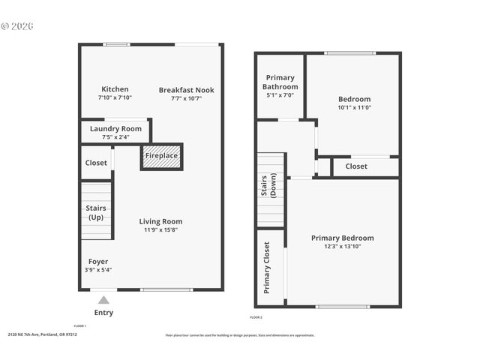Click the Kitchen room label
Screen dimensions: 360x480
[x=115, y=89]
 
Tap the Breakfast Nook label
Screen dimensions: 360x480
[x=186, y=90]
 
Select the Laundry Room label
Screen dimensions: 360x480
[x=115, y=129]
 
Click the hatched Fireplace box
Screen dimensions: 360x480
[x=161, y=156]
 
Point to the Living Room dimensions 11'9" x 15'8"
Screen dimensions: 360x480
[x=160, y=230]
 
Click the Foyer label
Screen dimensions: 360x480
[x=97, y=262]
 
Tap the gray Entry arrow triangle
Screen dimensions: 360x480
[x=103, y=300]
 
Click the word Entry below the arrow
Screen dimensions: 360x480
[x=103, y=313]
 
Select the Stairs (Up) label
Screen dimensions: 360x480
[x=96, y=212]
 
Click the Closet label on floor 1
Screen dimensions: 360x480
[x=96, y=163]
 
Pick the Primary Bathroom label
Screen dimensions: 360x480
[x=280, y=82]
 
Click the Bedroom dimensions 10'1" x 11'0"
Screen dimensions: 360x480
[x=354, y=107]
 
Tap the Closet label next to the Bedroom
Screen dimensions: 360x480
[x=356, y=166]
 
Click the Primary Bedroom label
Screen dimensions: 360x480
[x=342, y=238]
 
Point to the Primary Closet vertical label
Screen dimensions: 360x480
[x=266, y=268]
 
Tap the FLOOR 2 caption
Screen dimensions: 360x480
[x=256, y=318]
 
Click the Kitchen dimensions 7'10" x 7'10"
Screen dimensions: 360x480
[x=115, y=97]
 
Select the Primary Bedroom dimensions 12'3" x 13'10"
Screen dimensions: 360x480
[x=342, y=247]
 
